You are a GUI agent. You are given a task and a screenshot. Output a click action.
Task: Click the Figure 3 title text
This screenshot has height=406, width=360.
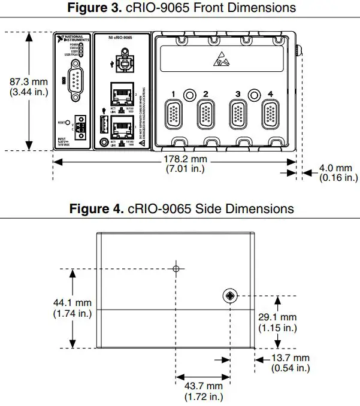coord(180,8)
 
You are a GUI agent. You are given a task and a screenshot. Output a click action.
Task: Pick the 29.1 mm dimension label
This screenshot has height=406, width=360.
coord(277,322)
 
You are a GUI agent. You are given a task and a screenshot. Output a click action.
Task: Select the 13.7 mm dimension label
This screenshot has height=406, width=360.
coord(291,363)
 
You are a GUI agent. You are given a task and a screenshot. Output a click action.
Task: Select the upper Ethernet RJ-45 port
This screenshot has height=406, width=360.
coord(122,93)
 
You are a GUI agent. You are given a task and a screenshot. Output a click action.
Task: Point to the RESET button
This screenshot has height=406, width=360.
coord(68,122)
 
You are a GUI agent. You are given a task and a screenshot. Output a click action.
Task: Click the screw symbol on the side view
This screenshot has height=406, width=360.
coord(229,295)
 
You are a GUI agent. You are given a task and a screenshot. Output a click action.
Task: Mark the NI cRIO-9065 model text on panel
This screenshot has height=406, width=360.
coord(120,39)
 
